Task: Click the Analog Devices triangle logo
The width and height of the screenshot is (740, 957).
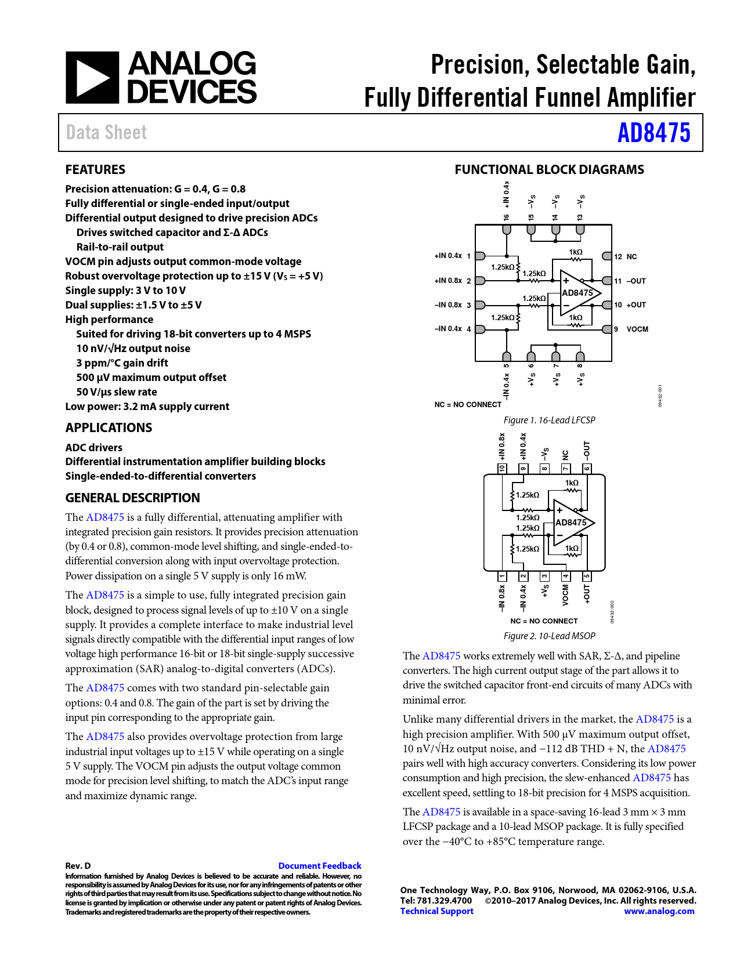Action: pos(92,78)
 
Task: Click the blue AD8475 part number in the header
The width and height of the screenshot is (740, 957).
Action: pos(654,133)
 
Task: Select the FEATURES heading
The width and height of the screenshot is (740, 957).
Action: pos(95,170)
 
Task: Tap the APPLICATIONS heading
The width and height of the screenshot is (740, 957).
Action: pos(109,428)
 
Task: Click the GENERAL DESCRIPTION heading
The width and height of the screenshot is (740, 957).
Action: pos(132,498)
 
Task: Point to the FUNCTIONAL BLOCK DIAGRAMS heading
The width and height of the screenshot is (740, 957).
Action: pos(549,170)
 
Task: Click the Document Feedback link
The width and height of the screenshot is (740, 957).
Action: pos(319,866)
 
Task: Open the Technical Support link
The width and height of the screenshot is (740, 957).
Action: pos(436,911)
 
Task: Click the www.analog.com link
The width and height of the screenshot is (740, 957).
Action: pos(659,911)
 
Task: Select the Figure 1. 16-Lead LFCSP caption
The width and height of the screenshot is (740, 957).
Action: pos(549,420)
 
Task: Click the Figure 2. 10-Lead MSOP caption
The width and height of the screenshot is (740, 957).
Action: pos(549,636)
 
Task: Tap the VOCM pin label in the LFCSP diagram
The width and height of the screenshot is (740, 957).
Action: pos(637,329)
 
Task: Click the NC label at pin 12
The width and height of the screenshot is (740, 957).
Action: pos(631,257)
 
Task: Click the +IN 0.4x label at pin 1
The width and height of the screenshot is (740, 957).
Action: pos(448,256)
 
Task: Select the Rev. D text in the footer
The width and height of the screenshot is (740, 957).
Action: pos(78,866)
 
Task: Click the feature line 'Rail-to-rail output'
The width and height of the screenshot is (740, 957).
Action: pos(120,247)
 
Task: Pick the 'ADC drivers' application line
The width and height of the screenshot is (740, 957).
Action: pos(94,448)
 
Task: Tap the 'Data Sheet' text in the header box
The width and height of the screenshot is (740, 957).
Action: pos(106,133)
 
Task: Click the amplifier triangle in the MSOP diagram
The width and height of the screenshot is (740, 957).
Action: pos(572,523)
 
